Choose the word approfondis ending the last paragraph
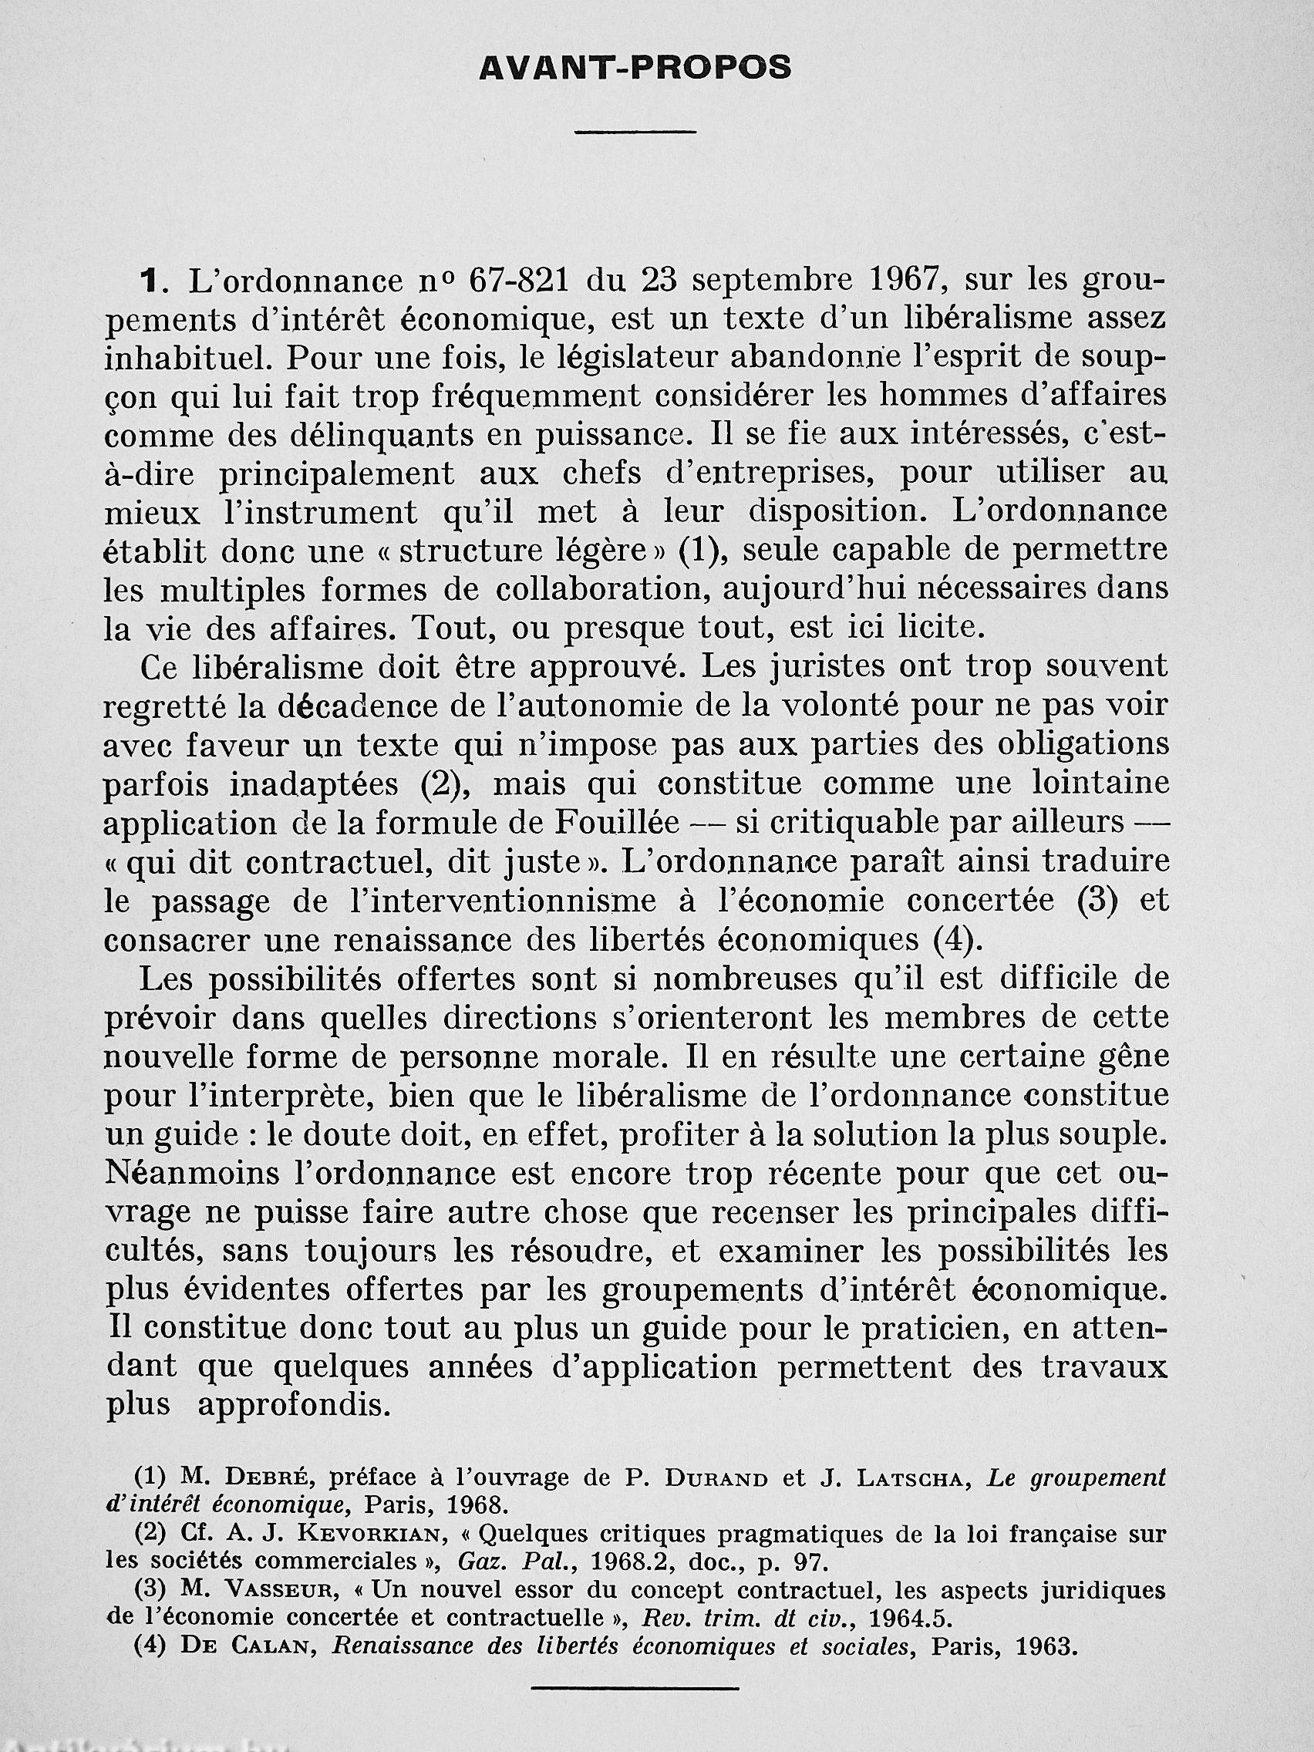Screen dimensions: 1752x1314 tap(294, 1405)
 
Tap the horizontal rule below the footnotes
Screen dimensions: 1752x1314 tap(635, 1705)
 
